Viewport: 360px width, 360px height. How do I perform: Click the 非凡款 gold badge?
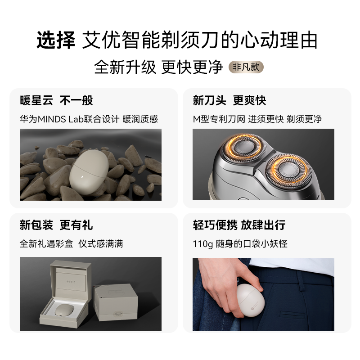pos(246,67)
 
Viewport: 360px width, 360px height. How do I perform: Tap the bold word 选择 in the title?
pos(56,40)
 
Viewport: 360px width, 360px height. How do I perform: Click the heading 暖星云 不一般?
pos(56,100)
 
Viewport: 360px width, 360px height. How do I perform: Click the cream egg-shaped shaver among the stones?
pos(89,172)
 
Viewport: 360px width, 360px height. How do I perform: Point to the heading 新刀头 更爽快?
pos(229,100)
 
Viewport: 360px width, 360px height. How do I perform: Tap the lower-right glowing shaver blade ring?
pos(289,170)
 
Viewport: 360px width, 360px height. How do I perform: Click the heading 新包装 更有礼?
pos(56,225)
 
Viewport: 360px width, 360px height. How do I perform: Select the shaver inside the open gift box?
pos(64,310)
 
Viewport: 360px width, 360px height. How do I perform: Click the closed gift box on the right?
pos(116,302)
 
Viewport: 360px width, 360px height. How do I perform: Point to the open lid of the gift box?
pos(71,280)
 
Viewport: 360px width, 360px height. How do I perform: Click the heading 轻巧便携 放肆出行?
pos(239,225)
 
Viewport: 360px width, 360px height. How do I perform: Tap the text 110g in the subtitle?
pos(203,244)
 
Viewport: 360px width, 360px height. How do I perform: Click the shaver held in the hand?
pos(250,300)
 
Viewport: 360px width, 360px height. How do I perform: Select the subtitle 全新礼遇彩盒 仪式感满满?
pos(72,244)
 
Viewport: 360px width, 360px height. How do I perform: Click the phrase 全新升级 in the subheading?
pos(125,67)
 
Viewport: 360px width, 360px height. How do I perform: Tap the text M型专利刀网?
pos(219,119)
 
